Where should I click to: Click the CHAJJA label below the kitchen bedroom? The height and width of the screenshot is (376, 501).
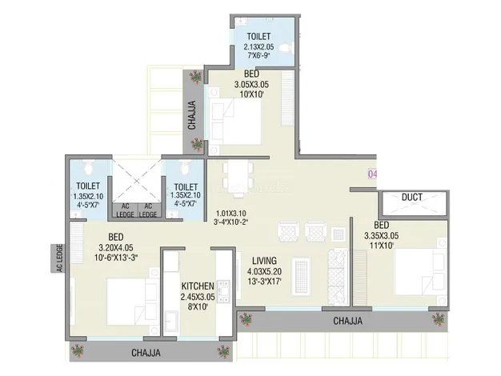(146, 352)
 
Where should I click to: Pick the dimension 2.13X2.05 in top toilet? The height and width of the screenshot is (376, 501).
(258, 47)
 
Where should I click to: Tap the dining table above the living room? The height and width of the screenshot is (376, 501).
(236, 178)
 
